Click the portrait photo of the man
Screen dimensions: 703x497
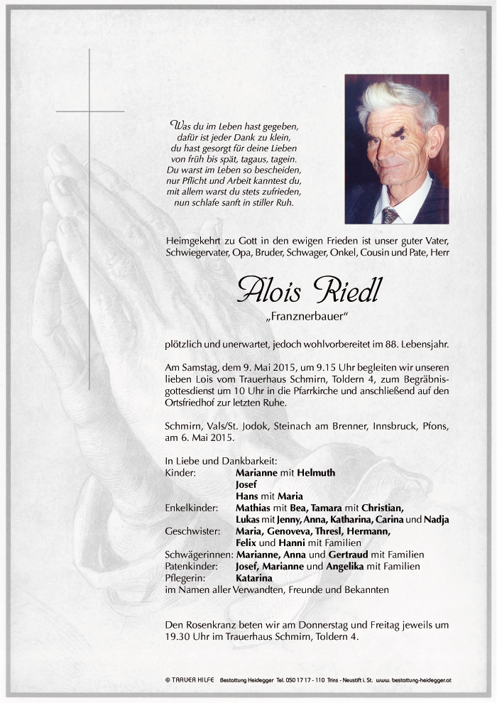coord(397,149)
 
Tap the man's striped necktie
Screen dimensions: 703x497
coord(390,214)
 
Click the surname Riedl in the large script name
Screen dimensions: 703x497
coord(343,290)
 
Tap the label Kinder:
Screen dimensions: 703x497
coord(180,472)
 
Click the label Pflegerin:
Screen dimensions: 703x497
coord(184,578)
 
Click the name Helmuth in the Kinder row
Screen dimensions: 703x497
coord(317,472)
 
